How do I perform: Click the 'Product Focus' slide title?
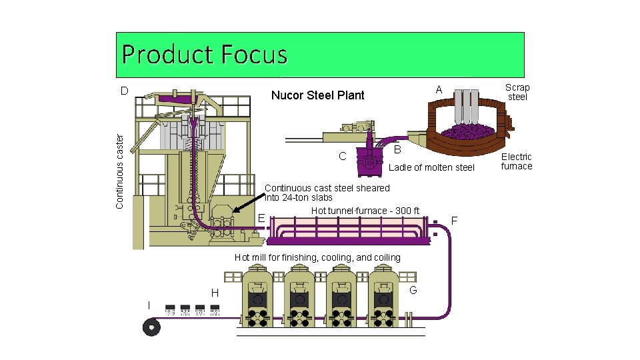[x=205, y=55]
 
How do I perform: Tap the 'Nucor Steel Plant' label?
[x=317, y=95]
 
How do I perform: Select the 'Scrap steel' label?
[x=517, y=92]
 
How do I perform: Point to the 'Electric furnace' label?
[x=517, y=161]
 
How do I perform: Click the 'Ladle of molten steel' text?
[x=431, y=167]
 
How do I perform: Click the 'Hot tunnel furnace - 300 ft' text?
[x=365, y=211]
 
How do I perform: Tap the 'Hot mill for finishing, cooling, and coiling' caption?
[x=317, y=258]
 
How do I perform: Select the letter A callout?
[x=439, y=89]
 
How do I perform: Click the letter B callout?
[x=397, y=148]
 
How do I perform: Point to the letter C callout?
[x=343, y=157]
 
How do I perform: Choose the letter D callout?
[x=124, y=90]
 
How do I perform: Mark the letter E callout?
[x=261, y=217]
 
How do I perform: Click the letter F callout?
[x=455, y=220]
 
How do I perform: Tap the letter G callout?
[x=413, y=290]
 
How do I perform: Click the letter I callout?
[x=149, y=305]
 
